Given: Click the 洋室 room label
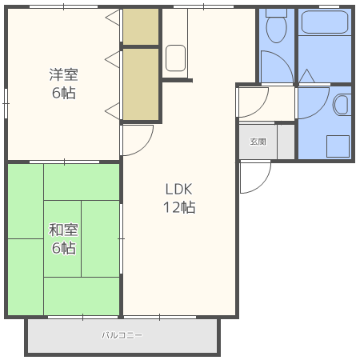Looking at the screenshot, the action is click(64, 74).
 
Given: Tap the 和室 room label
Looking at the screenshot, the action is click(63, 230).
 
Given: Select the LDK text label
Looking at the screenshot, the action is click(178, 189).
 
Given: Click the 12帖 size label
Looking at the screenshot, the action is click(179, 207).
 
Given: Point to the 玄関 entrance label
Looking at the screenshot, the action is click(258, 142).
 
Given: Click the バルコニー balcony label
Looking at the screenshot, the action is click(122, 335).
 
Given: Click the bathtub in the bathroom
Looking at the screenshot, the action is click(325, 22).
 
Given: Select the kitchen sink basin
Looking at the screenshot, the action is click(175, 58).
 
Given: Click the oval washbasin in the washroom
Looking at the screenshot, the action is click(342, 105).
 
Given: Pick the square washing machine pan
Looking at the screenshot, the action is click(338, 146).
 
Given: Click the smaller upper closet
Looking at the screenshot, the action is click(141, 26).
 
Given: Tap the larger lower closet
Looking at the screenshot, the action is click(141, 84).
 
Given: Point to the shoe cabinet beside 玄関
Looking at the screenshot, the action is click(286, 142).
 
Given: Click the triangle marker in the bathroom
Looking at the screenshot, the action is click(307, 76).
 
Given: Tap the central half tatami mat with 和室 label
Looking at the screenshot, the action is click(62, 238).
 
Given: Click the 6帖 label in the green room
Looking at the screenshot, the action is click(64, 248).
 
